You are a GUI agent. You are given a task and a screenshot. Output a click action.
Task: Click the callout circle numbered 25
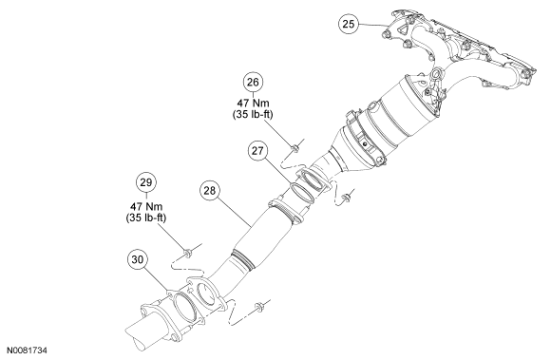click(349, 24)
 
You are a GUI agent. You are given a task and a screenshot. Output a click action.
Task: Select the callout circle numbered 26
click(253, 82)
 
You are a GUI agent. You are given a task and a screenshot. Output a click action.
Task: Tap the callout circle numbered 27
click(257, 151)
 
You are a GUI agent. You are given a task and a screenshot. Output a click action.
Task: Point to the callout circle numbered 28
click(209, 191)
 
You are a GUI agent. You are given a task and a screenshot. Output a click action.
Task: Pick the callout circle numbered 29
click(146, 182)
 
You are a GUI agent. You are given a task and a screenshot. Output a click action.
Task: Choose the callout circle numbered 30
click(138, 259)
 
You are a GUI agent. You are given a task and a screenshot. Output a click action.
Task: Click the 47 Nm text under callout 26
click(253, 103)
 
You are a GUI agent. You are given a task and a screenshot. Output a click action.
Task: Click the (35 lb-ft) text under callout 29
click(146, 218)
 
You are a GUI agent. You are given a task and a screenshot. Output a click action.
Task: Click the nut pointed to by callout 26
click(295, 148)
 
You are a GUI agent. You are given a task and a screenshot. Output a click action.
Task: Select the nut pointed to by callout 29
click(188, 252)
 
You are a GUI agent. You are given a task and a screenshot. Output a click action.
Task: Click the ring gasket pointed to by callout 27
click(302, 193)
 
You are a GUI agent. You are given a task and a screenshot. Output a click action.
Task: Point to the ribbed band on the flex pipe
click(241, 259)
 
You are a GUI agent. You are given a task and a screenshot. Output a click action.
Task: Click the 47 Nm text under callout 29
click(146, 206)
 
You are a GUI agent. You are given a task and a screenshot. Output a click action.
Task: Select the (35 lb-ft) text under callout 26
click(253, 115)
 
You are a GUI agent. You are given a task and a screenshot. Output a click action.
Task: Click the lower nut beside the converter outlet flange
click(346, 199)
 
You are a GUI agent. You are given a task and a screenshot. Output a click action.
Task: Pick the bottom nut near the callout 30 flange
click(259, 307)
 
